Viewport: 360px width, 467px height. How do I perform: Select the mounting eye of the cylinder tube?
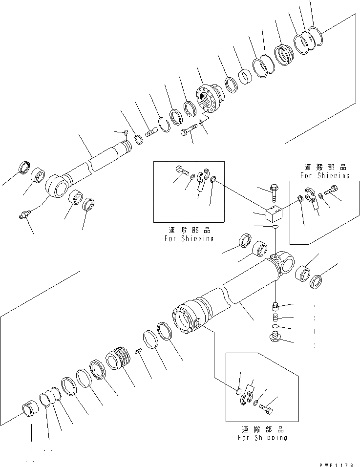pyautogui.click(x=283, y=263)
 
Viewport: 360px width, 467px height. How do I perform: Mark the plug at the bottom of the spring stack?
pyautogui.click(x=276, y=337)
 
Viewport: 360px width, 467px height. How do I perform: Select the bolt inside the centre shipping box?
pyautogui.click(x=180, y=170)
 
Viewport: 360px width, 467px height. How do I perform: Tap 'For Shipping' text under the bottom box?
pyautogui.click(x=262, y=438)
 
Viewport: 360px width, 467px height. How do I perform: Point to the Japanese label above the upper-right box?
pyautogui.click(x=325, y=167)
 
